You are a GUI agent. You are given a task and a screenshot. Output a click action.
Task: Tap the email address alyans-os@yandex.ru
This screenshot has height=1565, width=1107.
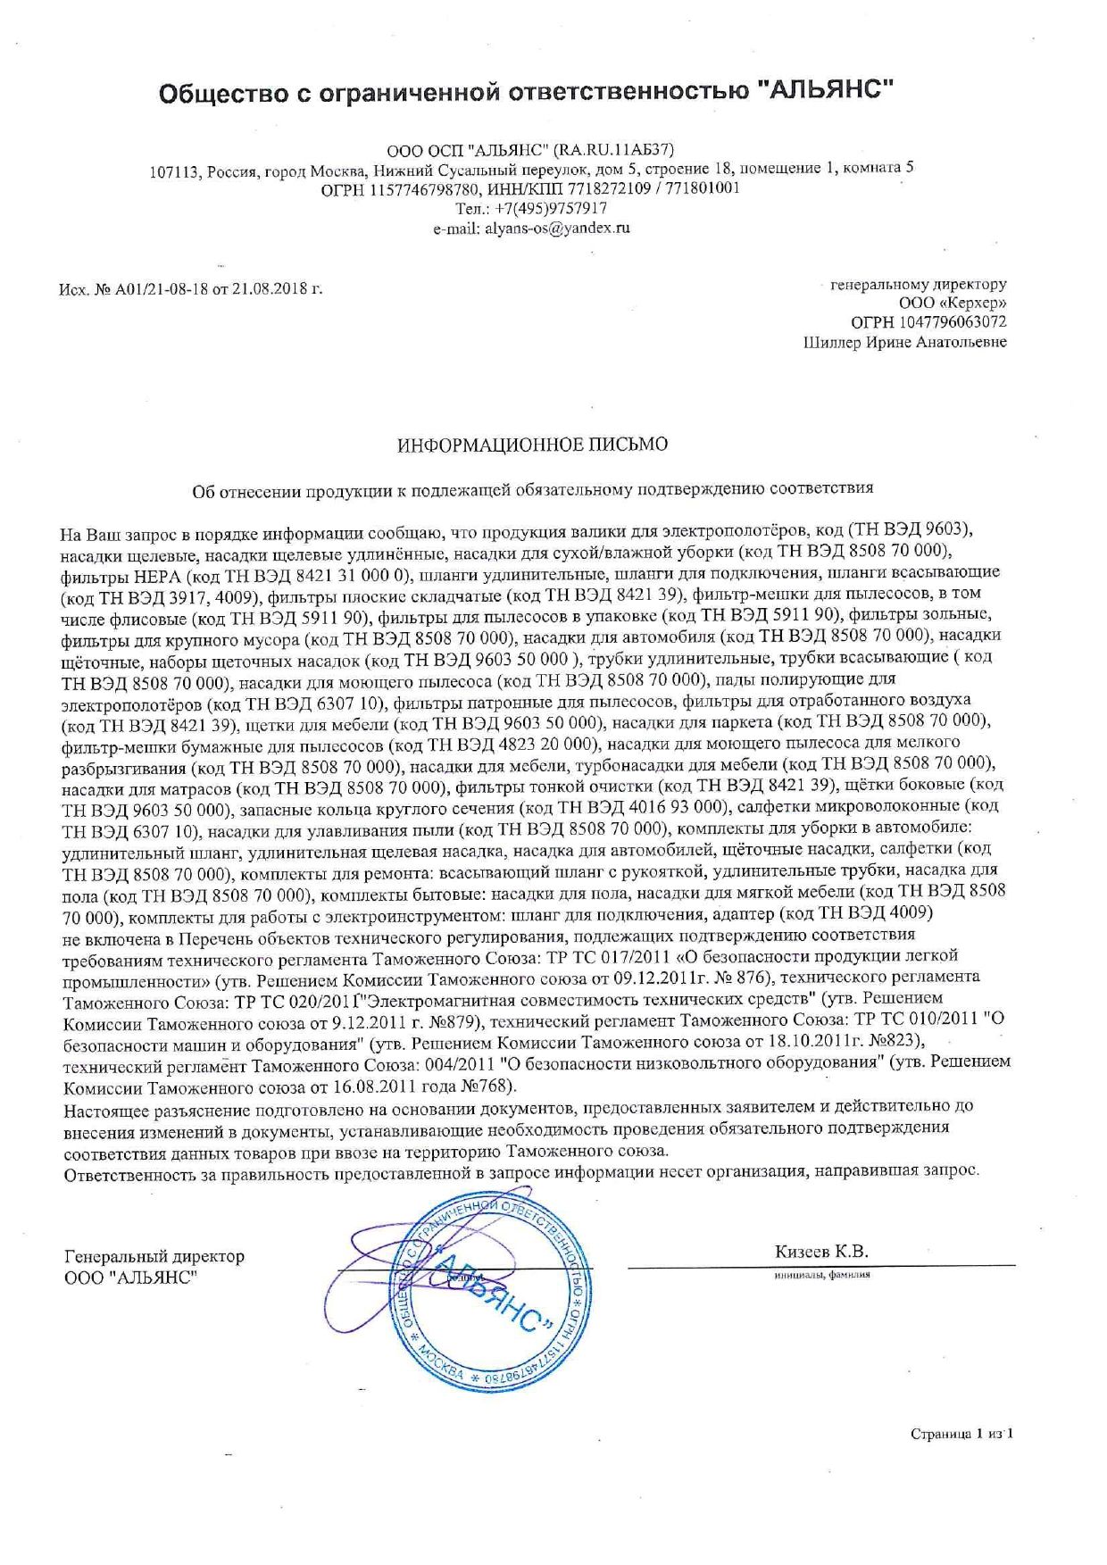point(531,228)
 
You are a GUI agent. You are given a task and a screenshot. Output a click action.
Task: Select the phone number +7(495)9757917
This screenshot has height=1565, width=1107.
point(552,208)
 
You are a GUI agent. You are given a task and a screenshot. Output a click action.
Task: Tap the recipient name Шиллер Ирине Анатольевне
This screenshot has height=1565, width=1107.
point(904,342)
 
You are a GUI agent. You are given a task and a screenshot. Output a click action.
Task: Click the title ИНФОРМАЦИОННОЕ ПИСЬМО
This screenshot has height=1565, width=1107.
point(532,445)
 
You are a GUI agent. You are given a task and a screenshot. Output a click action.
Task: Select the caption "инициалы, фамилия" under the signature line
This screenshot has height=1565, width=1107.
point(821,1274)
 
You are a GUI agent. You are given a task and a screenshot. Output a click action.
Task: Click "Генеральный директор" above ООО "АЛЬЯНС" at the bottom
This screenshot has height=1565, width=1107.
point(154,1256)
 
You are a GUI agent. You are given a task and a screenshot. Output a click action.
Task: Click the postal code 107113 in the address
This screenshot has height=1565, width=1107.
point(172,169)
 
